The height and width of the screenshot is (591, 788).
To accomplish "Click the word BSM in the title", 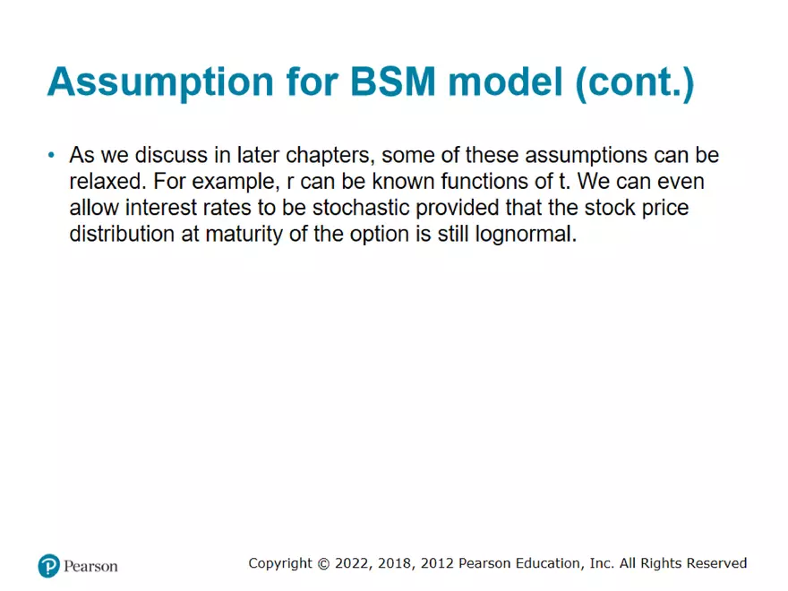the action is (x=392, y=81).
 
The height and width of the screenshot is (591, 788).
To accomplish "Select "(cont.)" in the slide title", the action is (x=635, y=83).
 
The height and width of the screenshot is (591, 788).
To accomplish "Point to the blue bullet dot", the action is (x=51, y=155).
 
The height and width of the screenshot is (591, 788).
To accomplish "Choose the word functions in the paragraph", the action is (x=484, y=182).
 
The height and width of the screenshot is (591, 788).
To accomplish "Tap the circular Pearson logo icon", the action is (x=48, y=566).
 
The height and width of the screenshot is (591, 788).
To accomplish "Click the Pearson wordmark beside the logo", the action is (x=90, y=566).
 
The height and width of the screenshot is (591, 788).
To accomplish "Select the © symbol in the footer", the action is (x=323, y=564).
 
